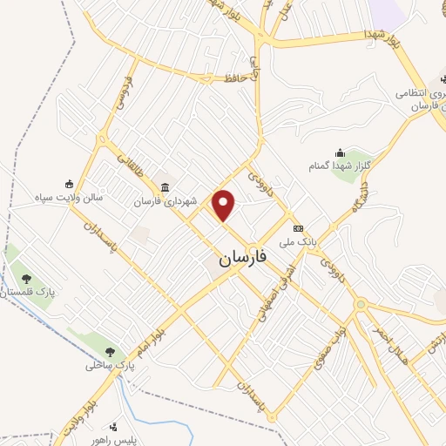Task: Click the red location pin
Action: pos(225,206)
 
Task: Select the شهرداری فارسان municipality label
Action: pos(166,201)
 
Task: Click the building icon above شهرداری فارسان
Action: pos(166,187)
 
